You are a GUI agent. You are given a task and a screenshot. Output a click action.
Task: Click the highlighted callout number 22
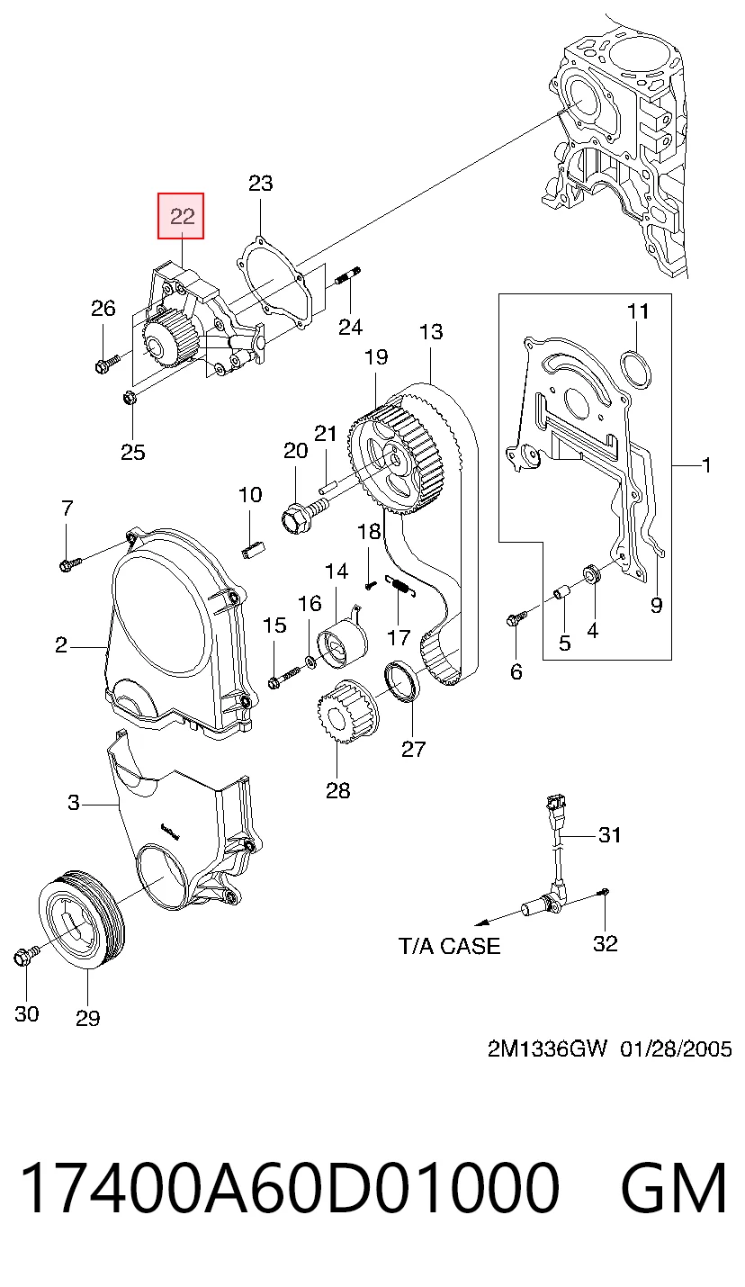click(x=182, y=217)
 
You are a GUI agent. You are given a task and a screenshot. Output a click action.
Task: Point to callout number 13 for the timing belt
click(x=431, y=331)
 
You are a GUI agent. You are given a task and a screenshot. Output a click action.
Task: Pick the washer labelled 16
click(x=311, y=662)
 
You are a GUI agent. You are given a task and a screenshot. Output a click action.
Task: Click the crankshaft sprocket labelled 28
click(x=346, y=712)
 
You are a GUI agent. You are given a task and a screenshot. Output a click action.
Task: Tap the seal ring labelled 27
click(x=402, y=681)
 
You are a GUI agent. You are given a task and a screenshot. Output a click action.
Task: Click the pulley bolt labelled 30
click(x=26, y=956)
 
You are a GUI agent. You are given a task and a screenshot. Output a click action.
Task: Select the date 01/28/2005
click(x=676, y=1049)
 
